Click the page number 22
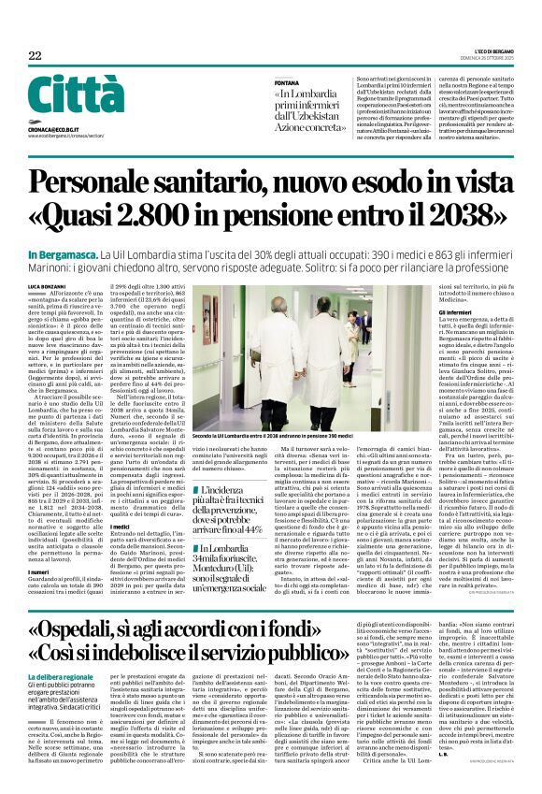(x=36, y=55)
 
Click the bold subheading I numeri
(x=39, y=544)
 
